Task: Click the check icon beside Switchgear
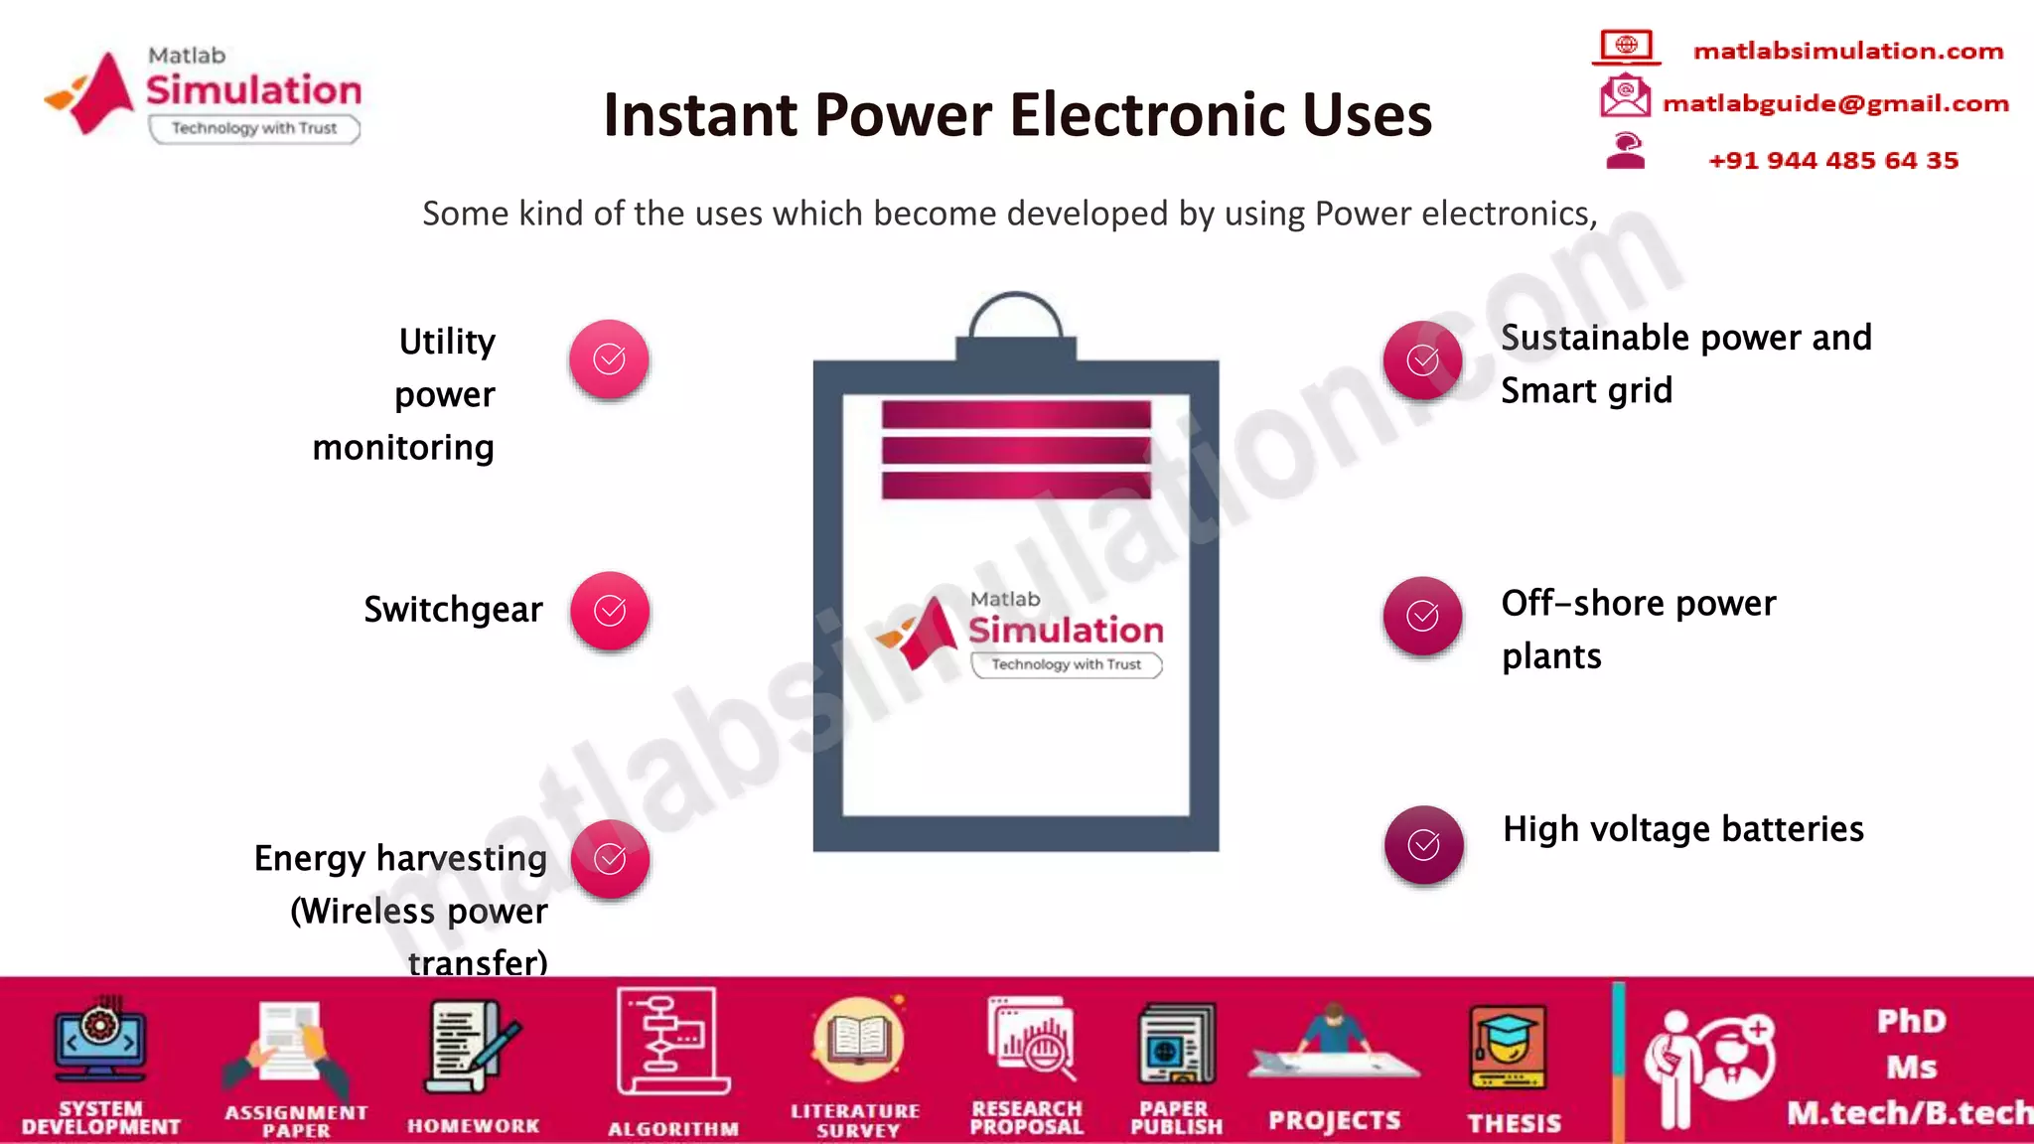(x=610, y=611)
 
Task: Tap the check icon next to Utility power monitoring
(x=609, y=359)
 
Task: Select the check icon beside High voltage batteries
(x=1423, y=845)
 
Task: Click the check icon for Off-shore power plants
(x=1422, y=616)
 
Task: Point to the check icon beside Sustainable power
(x=1422, y=360)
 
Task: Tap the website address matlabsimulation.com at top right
(x=1847, y=52)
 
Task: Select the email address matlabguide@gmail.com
(x=1835, y=104)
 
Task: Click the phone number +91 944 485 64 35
(x=1832, y=161)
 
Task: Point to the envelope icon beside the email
(x=1625, y=97)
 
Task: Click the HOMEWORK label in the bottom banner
(x=474, y=1126)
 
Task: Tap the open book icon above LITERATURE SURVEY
(x=858, y=1041)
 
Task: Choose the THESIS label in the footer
(x=1515, y=1123)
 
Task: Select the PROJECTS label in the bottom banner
(x=1334, y=1121)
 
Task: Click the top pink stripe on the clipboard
(x=1016, y=415)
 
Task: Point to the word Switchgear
(x=453, y=610)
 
